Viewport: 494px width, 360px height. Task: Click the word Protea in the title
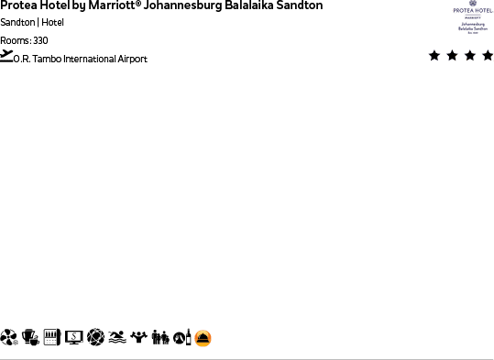tap(16, 5)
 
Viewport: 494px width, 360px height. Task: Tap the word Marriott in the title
tap(111, 5)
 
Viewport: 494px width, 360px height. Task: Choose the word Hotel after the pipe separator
tap(53, 22)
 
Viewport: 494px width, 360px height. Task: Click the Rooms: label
tap(15, 40)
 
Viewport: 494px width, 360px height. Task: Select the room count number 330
tap(40, 40)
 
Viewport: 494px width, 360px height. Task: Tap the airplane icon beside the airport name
tap(7, 56)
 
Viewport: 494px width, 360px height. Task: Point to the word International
tap(91, 60)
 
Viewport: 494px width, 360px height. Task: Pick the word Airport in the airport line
tap(134, 60)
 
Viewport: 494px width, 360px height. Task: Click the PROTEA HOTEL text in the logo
tap(473, 9)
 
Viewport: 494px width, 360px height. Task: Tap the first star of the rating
tap(434, 56)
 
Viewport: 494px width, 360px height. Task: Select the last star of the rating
tap(487, 56)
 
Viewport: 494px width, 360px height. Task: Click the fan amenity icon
tap(9, 338)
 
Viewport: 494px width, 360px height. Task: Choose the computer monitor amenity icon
tap(74, 338)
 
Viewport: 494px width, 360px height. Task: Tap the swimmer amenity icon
tap(117, 338)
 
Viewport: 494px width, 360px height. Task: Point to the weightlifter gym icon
tap(139, 338)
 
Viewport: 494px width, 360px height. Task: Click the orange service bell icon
tap(203, 339)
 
